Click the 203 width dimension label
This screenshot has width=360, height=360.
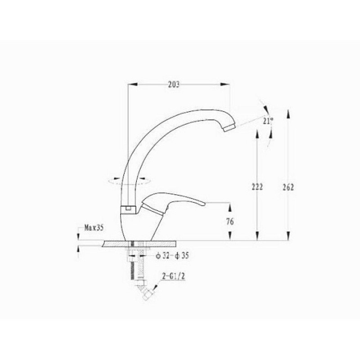(174, 85)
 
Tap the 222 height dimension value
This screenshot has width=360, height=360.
(257, 187)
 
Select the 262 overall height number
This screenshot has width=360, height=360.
(288, 187)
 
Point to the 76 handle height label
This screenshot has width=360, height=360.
(230, 221)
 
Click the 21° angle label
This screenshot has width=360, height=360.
(268, 121)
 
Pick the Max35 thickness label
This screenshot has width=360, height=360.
(94, 228)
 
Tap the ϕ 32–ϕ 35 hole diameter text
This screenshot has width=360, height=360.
(172, 256)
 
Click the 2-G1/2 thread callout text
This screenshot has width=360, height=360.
(174, 277)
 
